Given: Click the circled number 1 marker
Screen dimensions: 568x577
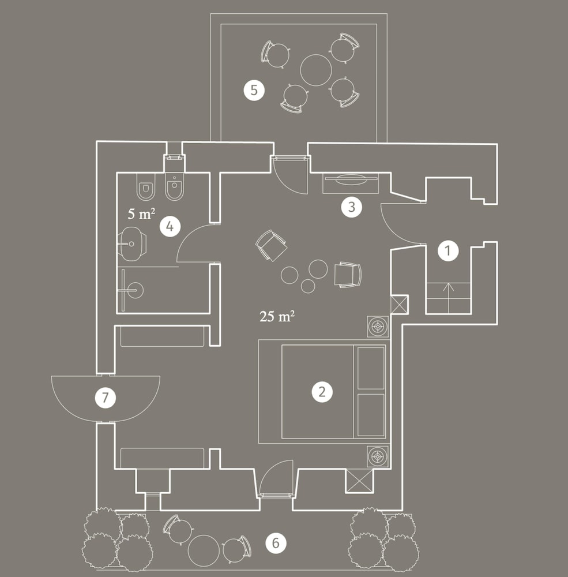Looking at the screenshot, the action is (447, 250).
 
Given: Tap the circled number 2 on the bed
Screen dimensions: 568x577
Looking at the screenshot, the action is (322, 392).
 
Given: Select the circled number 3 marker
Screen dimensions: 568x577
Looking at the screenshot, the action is (351, 207).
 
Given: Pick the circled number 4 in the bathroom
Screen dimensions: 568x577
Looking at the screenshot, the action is (170, 226).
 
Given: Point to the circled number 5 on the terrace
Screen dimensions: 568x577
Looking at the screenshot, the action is (254, 90).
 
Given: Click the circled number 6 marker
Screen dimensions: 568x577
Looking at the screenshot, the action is (276, 543).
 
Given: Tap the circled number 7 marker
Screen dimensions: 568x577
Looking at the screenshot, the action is (105, 398).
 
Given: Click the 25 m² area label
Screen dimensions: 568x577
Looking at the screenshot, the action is (277, 316).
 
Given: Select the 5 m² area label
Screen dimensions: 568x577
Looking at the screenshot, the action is (141, 213).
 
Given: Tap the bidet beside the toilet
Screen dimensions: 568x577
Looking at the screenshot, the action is (174, 186).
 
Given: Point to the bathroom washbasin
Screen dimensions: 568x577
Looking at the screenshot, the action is (132, 243).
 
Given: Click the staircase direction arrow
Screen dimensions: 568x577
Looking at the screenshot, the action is (449, 298).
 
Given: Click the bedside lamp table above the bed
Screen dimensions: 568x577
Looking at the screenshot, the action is (378, 327).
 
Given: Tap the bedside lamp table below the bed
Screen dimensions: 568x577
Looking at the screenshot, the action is (378, 456).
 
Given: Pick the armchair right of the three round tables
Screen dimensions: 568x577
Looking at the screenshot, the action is (348, 275).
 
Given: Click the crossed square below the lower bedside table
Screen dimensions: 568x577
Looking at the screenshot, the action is (359, 481).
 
